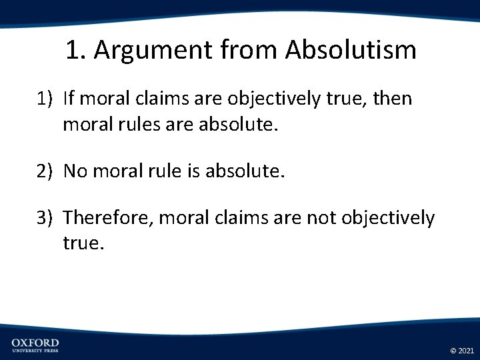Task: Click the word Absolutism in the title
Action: pyautogui.click(x=351, y=50)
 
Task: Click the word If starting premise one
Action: pyautogui.click(x=69, y=99)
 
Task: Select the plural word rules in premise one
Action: pyautogui.click(x=141, y=123)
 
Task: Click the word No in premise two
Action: pyautogui.click(x=75, y=171)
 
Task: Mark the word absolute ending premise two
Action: pyautogui.click(x=245, y=171)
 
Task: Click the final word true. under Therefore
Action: pyautogui.click(x=84, y=243)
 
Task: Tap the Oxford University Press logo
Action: pyautogui.click(x=35, y=345)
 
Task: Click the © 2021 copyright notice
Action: pyautogui.click(x=462, y=350)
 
